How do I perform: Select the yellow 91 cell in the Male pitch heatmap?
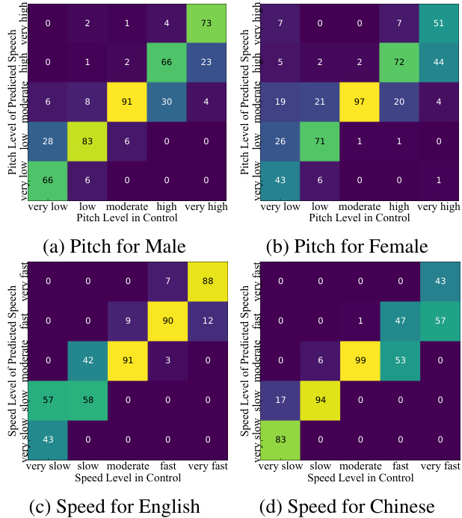click(126, 101)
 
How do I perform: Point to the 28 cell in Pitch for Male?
click(49, 141)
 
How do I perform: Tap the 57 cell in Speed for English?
click(49, 399)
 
